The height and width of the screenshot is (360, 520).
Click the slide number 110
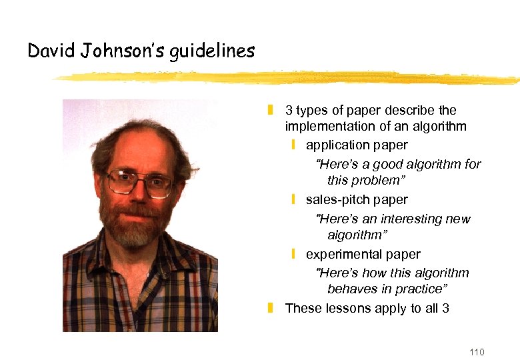point(477,352)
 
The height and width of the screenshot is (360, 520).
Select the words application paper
point(357,145)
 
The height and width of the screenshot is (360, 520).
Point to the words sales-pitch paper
point(357,199)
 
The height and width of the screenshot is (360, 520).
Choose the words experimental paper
point(363,254)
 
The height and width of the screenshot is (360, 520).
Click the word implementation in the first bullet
point(329,126)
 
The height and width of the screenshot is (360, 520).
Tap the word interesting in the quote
point(414,219)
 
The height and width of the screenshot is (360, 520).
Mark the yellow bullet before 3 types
point(271,110)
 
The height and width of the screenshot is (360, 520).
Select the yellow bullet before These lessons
point(271,308)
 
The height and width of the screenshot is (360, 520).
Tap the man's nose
point(138,193)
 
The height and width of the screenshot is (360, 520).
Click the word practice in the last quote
point(423,289)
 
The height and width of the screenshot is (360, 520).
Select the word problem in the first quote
point(379,181)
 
